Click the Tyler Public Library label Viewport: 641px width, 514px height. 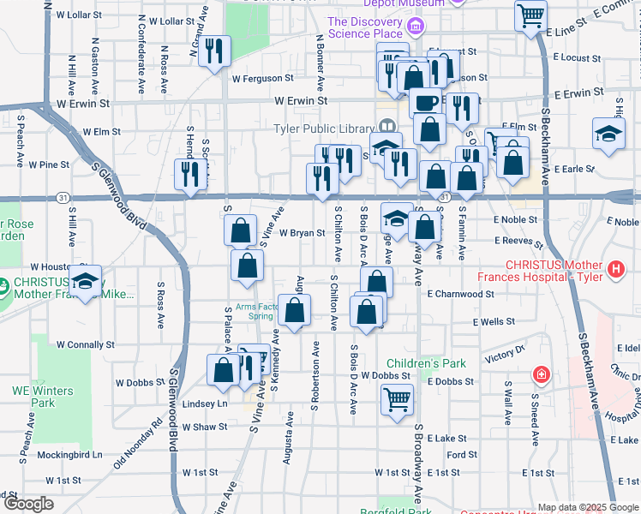click(325, 129)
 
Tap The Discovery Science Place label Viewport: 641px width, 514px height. click(365, 27)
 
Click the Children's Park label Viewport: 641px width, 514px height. click(426, 363)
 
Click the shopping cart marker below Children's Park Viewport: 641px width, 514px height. click(397, 398)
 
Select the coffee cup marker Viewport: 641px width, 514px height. click(426, 102)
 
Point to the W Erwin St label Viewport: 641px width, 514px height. click(301, 101)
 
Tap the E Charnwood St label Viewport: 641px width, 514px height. click(460, 294)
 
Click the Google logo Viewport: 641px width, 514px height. click(27, 504)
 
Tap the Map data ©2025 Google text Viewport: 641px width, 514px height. click(586, 507)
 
